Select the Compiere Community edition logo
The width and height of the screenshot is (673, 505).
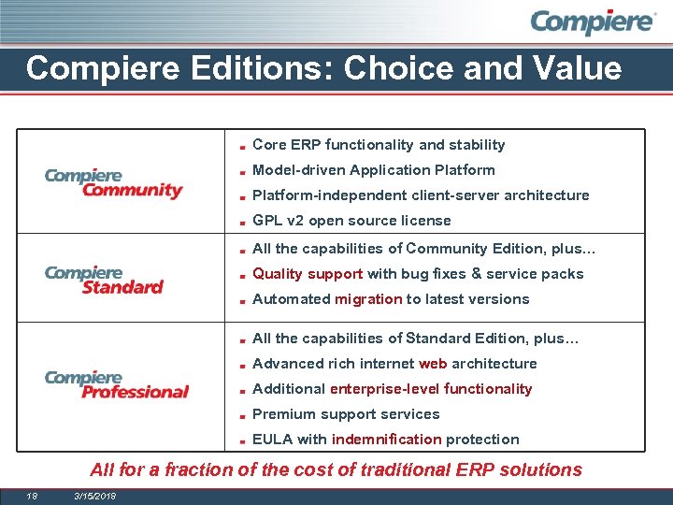pyautogui.click(x=113, y=183)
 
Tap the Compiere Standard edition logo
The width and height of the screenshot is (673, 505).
pyautogui.click(x=104, y=280)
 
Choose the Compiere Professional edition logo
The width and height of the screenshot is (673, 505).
pyautogui.click(x=116, y=383)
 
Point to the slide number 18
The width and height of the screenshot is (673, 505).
pyautogui.click(x=32, y=495)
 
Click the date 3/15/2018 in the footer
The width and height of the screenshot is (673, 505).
pyautogui.click(x=93, y=495)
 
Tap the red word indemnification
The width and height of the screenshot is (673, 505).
pyautogui.click(x=386, y=440)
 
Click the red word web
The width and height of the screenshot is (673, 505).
pyautogui.click(x=433, y=364)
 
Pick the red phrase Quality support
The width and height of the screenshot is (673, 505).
pyautogui.click(x=308, y=274)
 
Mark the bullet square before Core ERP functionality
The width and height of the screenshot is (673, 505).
pyautogui.click(x=241, y=146)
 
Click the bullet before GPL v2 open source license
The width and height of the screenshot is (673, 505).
pyautogui.click(x=241, y=222)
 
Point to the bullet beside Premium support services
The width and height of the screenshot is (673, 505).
pyautogui.click(x=241, y=415)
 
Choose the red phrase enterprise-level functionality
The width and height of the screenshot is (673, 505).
pyautogui.click(x=431, y=389)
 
